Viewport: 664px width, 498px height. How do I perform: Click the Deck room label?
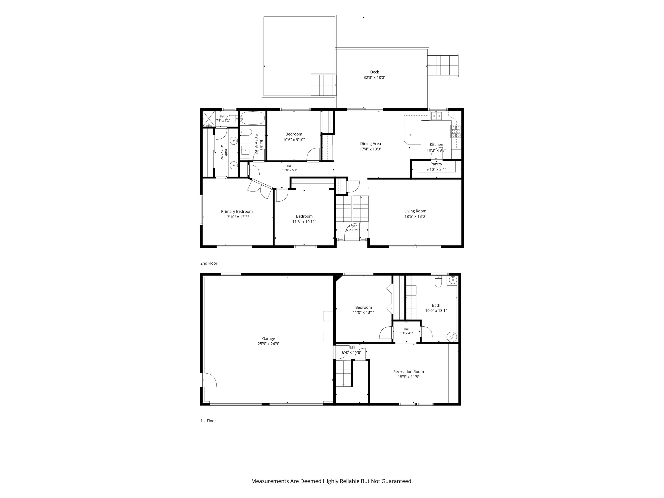pos(374,72)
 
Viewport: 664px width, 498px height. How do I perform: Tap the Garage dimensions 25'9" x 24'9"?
pos(268,344)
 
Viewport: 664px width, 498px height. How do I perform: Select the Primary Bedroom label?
pos(237,212)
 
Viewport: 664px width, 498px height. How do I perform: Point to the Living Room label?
pos(415,211)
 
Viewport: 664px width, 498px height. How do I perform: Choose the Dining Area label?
pos(370,144)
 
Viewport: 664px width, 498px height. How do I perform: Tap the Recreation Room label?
pos(409,372)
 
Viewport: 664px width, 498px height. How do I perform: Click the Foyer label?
pos(353,226)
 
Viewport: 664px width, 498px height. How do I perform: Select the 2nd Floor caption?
pos(209,263)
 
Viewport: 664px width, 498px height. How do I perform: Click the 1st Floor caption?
pos(208,421)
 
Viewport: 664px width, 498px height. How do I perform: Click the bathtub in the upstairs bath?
pos(253,118)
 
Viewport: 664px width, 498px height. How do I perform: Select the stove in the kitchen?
pos(456,131)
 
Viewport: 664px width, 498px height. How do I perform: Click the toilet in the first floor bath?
pos(438,281)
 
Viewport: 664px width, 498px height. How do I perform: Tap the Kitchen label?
pos(436,145)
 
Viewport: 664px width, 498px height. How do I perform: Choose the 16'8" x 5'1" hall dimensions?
pos(289,170)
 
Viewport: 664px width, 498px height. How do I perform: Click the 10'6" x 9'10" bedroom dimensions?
pos(294,140)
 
